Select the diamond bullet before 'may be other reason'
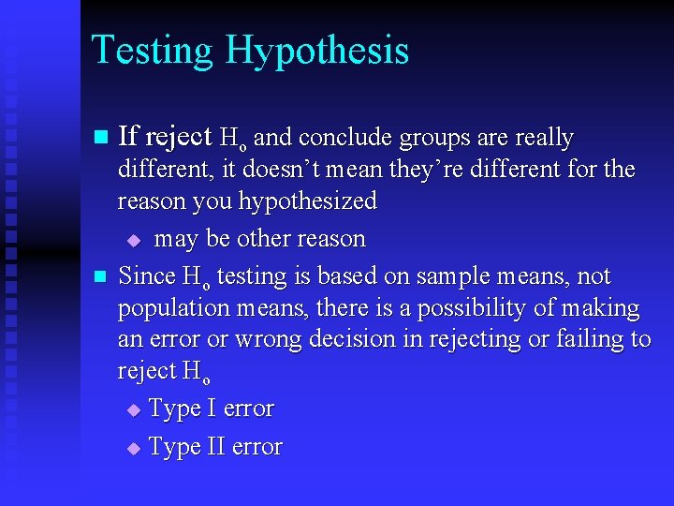pos(133,241)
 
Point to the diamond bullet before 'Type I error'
pos(133,410)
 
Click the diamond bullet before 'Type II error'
pos(133,449)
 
